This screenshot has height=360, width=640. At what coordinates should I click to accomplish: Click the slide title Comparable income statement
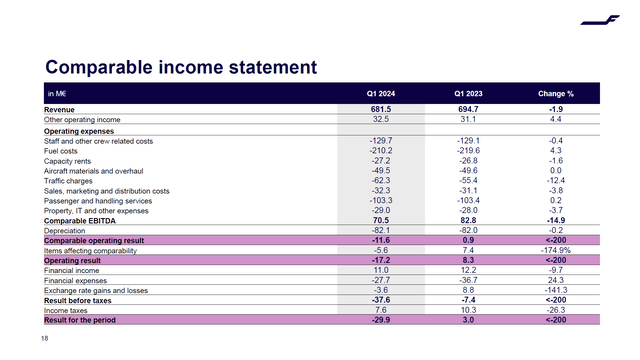coord(181,68)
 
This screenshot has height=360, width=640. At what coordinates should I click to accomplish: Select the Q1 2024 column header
coord(380,94)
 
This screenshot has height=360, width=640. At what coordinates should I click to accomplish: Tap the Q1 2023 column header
coord(468,94)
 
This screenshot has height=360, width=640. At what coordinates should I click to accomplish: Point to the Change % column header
coord(555,94)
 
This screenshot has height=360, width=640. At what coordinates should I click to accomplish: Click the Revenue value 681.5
coord(380,109)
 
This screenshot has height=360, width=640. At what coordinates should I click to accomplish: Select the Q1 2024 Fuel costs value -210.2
coord(380,150)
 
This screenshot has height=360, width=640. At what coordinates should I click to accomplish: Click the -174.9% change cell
coord(555,252)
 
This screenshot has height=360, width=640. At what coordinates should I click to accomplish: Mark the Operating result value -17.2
coord(380,260)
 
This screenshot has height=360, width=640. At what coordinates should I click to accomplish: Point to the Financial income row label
coord(73,271)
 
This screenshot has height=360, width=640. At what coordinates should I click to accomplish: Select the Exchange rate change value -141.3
coord(555,290)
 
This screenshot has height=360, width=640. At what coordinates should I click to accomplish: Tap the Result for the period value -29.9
coord(380,319)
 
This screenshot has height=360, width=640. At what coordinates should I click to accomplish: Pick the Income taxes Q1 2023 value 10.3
coord(468,309)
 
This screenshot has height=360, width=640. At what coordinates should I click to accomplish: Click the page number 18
coord(45,340)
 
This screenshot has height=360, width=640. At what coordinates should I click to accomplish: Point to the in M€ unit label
coord(57,94)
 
